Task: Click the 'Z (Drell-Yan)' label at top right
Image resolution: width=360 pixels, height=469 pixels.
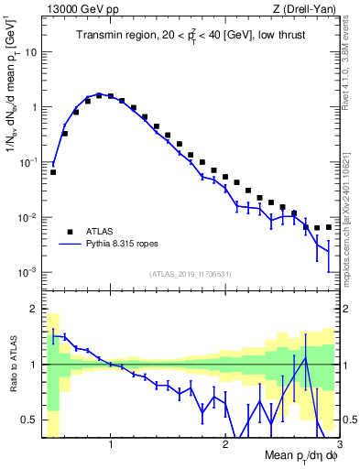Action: pyautogui.click(x=307, y=10)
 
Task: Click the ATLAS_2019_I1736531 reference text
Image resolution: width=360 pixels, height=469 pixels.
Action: pyautogui.click(x=191, y=274)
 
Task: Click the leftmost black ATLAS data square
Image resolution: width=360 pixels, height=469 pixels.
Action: pyautogui.click(x=53, y=171)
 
